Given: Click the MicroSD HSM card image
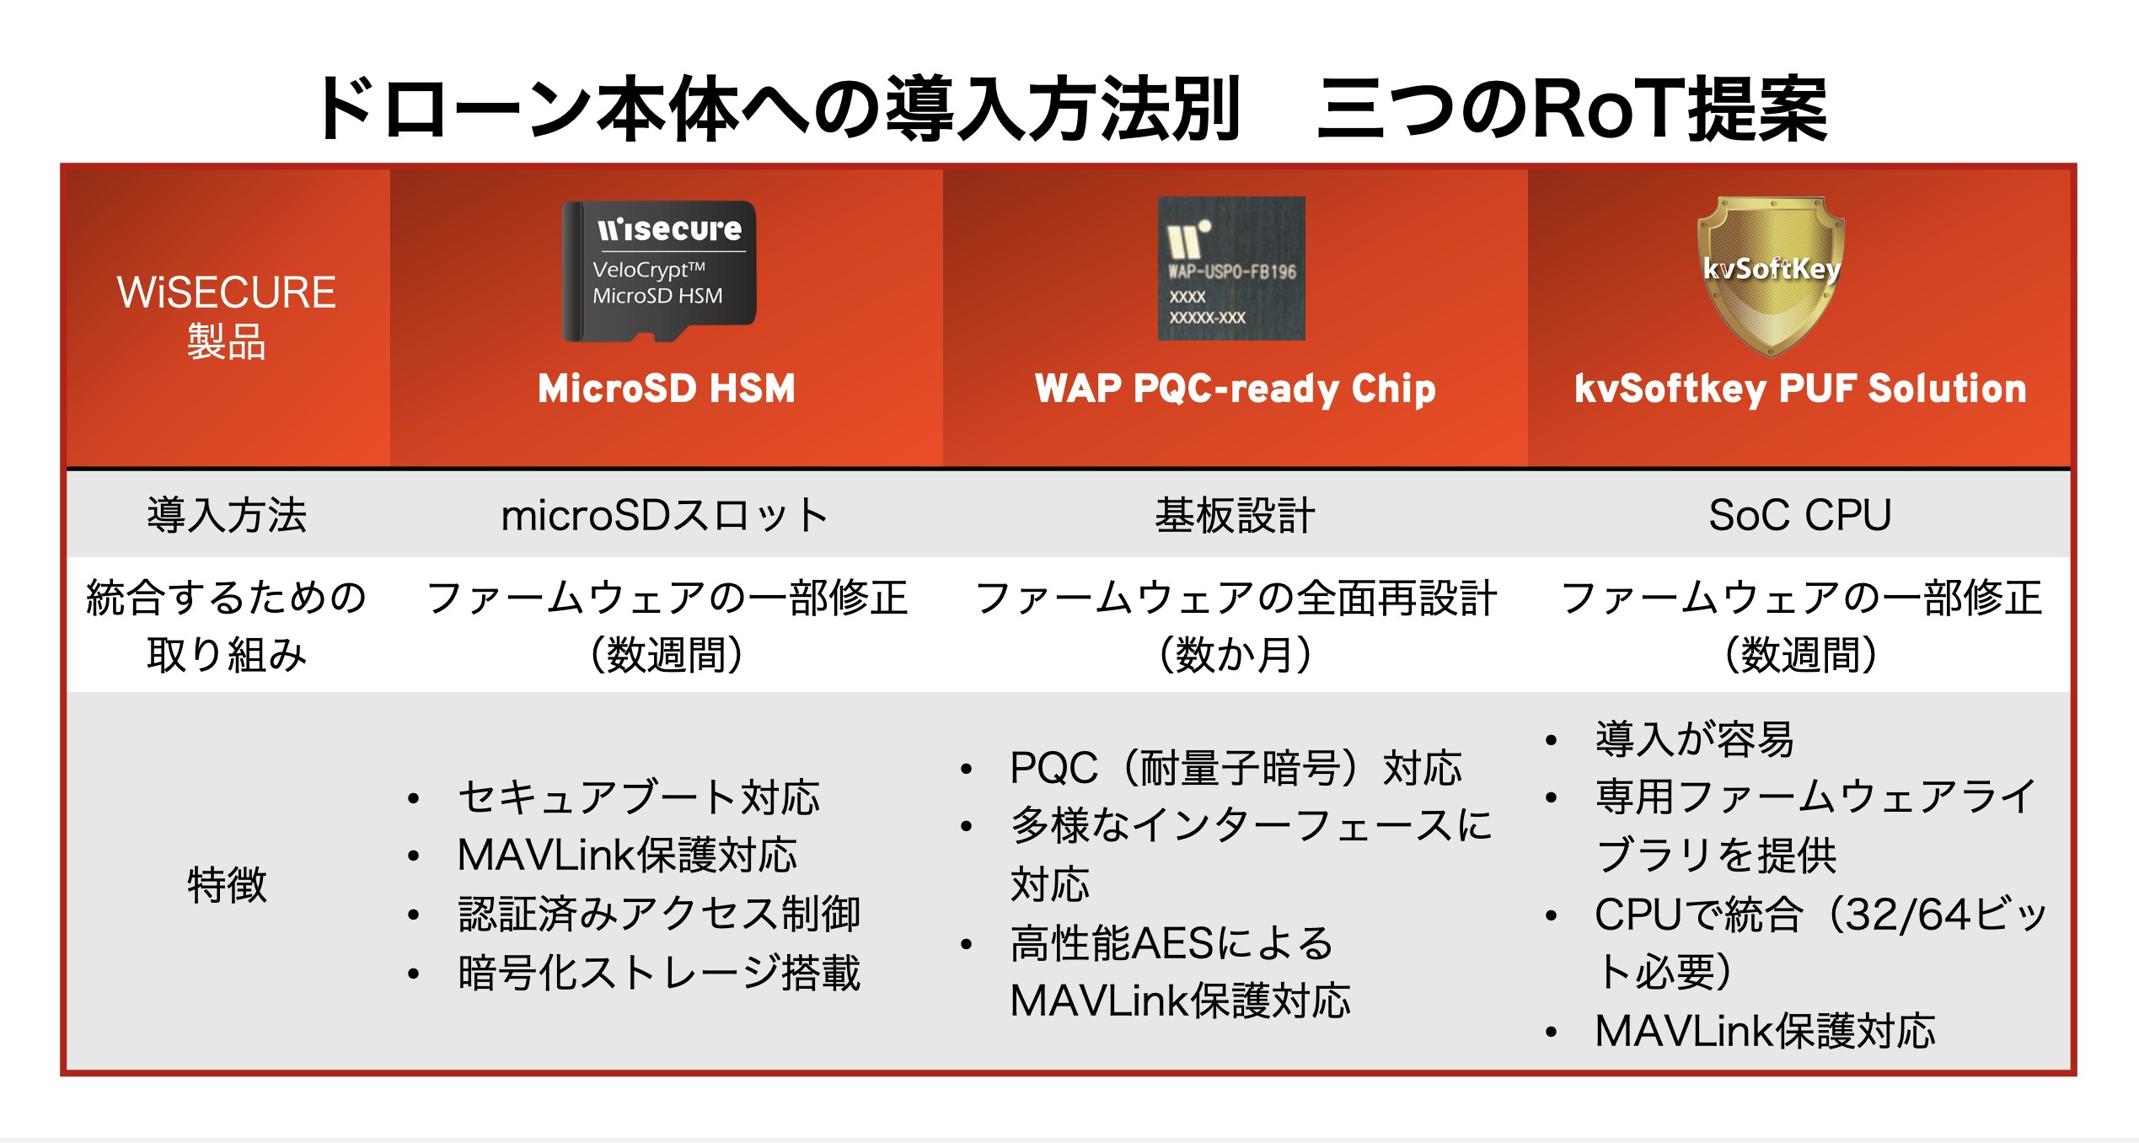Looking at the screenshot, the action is pyautogui.click(x=659, y=271).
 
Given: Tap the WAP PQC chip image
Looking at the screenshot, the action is pyautogui.click(x=1231, y=268).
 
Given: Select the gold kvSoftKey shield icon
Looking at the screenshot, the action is pyautogui.click(x=1771, y=275).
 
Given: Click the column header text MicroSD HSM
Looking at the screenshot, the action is pyautogui.click(x=667, y=389).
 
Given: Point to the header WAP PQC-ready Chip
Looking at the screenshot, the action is pyautogui.click(x=1236, y=389).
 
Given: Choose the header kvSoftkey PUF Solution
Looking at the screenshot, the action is pyautogui.click(x=1800, y=389).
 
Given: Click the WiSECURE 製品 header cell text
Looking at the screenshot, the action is pyautogui.click(x=227, y=316).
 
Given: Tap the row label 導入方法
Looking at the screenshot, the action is pyautogui.click(x=227, y=515).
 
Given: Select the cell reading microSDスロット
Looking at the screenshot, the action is pyautogui.click(x=665, y=515).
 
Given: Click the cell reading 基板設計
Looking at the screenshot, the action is pyautogui.click(x=1235, y=515).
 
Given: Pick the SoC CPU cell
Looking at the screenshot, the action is pyautogui.click(x=1800, y=515).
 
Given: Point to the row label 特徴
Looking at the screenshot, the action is pyautogui.click(x=227, y=885).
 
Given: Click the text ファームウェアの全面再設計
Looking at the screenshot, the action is pyautogui.click(x=1236, y=598).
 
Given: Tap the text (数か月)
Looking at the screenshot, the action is pyautogui.click(x=1236, y=654).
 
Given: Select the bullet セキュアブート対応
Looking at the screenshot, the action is pyautogui.click(x=639, y=797).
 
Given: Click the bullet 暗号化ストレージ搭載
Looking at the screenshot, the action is pyautogui.click(x=659, y=973).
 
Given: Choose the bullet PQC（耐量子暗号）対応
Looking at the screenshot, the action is pyautogui.click(x=1236, y=768).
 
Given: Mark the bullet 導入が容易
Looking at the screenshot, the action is pyautogui.click(x=1695, y=739).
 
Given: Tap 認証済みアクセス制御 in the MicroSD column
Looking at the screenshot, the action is pyautogui.click(x=659, y=914).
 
